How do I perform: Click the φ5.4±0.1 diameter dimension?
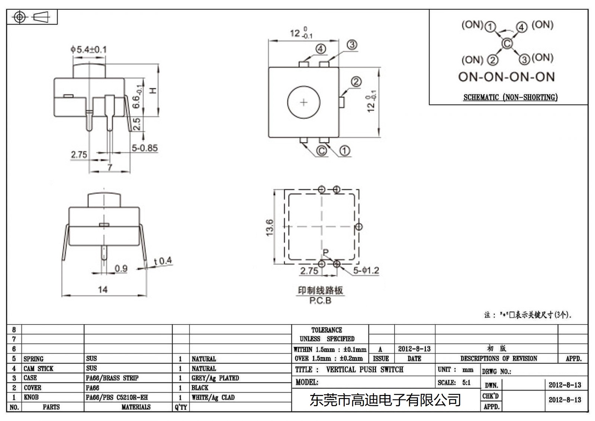point(89,49)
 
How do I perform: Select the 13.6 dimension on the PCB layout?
point(270,227)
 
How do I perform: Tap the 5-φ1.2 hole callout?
point(366,271)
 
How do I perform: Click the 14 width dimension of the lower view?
point(103,289)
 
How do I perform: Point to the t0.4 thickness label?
point(163,261)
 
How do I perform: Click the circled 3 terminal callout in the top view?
point(352,45)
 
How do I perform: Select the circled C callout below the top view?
point(322,150)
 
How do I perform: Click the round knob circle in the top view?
point(304,102)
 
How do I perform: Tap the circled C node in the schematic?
point(507,44)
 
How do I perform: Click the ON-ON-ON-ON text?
point(506,77)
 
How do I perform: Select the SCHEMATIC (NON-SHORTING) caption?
point(510,98)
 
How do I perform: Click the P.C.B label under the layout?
point(320,300)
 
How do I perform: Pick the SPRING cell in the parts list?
point(33,359)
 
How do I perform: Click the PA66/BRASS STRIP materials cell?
point(112,378)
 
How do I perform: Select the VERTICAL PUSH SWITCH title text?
point(364,370)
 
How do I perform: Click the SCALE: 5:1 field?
point(454,382)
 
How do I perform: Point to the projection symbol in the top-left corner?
point(31,17)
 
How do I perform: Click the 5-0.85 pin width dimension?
point(144,148)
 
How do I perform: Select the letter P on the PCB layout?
point(326,252)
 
